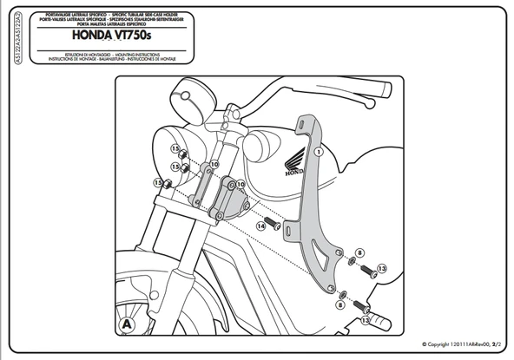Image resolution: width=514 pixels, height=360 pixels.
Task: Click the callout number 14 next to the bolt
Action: tap(259, 226)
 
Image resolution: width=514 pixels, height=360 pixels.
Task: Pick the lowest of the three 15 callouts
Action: tap(157, 183)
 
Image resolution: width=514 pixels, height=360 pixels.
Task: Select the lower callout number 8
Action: tap(341, 306)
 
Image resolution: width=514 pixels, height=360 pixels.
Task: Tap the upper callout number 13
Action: tap(381, 269)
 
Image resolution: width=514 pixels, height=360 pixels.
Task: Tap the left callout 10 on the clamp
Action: tap(213, 164)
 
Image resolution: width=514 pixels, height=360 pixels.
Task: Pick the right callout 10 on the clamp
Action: tap(241, 185)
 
